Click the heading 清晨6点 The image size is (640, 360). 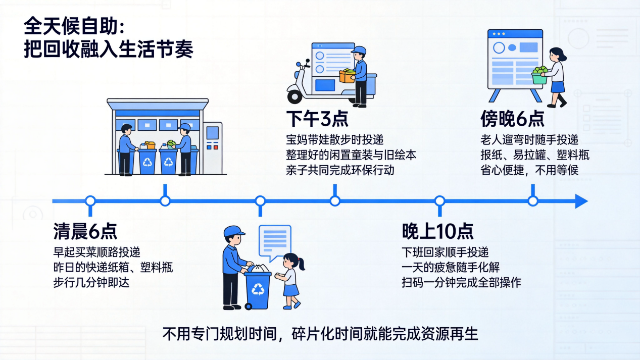pyautogui.click(x=85, y=231)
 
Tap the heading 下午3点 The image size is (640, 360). pyautogui.click(x=317, y=119)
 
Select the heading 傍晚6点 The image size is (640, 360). pyautogui.click(x=512, y=119)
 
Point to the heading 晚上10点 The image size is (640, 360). pyautogui.click(x=437, y=231)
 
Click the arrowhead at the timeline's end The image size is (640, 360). pyautogui.click(x=581, y=201)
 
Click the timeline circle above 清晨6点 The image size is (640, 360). pyautogui.click(x=90, y=201)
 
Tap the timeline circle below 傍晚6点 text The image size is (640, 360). pyautogui.click(x=533, y=201)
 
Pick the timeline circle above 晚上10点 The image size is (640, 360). pyautogui.click(x=439, y=201)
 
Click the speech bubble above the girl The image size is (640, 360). pyautogui.click(x=275, y=242)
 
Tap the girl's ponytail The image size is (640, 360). pyautogui.click(x=301, y=264)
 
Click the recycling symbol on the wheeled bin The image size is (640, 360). pyautogui.click(x=258, y=289)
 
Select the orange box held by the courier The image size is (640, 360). pyautogui.click(x=347, y=76)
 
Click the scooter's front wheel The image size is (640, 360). pyautogui.click(x=295, y=97)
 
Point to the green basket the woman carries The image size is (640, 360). pyautogui.click(x=539, y=78)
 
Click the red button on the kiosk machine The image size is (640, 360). pyautogui.click(x=216, y=147)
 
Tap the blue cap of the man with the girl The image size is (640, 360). pyautogui.click(x=234, y=231)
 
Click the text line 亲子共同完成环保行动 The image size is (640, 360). pyautogui.click(x=340, y=171)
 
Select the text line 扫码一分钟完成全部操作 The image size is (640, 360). pyautogui.click(x=461, y=283)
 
